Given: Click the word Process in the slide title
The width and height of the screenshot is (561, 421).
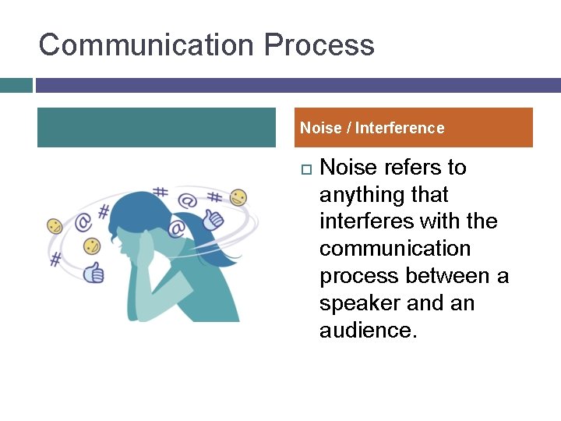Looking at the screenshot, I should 319,44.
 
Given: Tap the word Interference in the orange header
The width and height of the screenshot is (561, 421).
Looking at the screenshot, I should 400,128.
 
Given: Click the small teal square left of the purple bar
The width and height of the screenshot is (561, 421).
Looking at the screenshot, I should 16,85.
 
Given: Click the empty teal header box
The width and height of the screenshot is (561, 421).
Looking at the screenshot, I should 156,128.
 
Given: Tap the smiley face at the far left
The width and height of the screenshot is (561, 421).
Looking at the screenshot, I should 55,226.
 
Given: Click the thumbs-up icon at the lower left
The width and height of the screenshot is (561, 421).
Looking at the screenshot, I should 94,271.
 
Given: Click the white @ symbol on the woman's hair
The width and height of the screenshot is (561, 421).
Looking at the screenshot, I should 176,228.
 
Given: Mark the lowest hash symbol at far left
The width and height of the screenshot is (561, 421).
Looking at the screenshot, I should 55,259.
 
